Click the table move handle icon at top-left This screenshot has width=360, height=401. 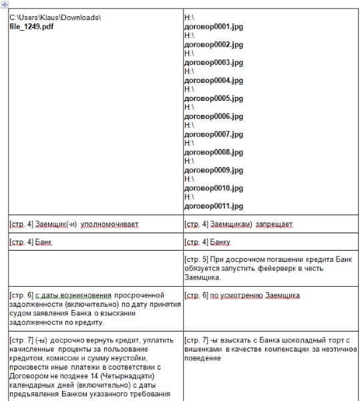pyautogui.click(x=5, y=4)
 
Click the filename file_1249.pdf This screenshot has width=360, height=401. pyautogui.click(x=32, y=25)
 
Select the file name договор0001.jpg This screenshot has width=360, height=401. pyautogui.click(x=213, y=26)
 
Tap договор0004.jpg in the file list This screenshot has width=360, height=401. pyautogui.click(x=213, y=80)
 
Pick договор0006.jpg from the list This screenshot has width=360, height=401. pyautogui.click(x=213, y=116)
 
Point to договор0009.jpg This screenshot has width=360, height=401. pyautogui.click(x=213, y=170)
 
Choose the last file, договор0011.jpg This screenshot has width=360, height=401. pyautogui.click(x=213, y=206)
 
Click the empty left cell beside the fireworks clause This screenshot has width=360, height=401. pyautogui.click(x=94, y=268)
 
